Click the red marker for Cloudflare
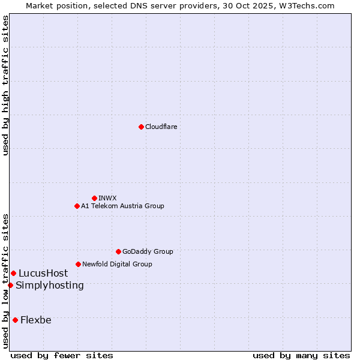(141, 127)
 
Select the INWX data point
(94, 198)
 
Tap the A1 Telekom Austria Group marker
(77, 206)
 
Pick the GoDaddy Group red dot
(118, 251)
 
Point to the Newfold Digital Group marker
(78, 264)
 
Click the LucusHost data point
(13, 274)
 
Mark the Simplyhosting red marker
(10, 285)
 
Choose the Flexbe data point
(15, 320)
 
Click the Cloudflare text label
(161, 127)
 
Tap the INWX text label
(107, 198)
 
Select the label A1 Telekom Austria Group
(122, 206)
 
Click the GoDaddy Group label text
(148, 251)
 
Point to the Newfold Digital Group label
(117, 264)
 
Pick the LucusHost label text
(43, 274)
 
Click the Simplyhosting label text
(50, 285)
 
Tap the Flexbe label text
(36, 320)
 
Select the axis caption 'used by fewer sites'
(62, 355)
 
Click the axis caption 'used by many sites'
(301, 355)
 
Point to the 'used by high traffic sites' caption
(5, 85)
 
